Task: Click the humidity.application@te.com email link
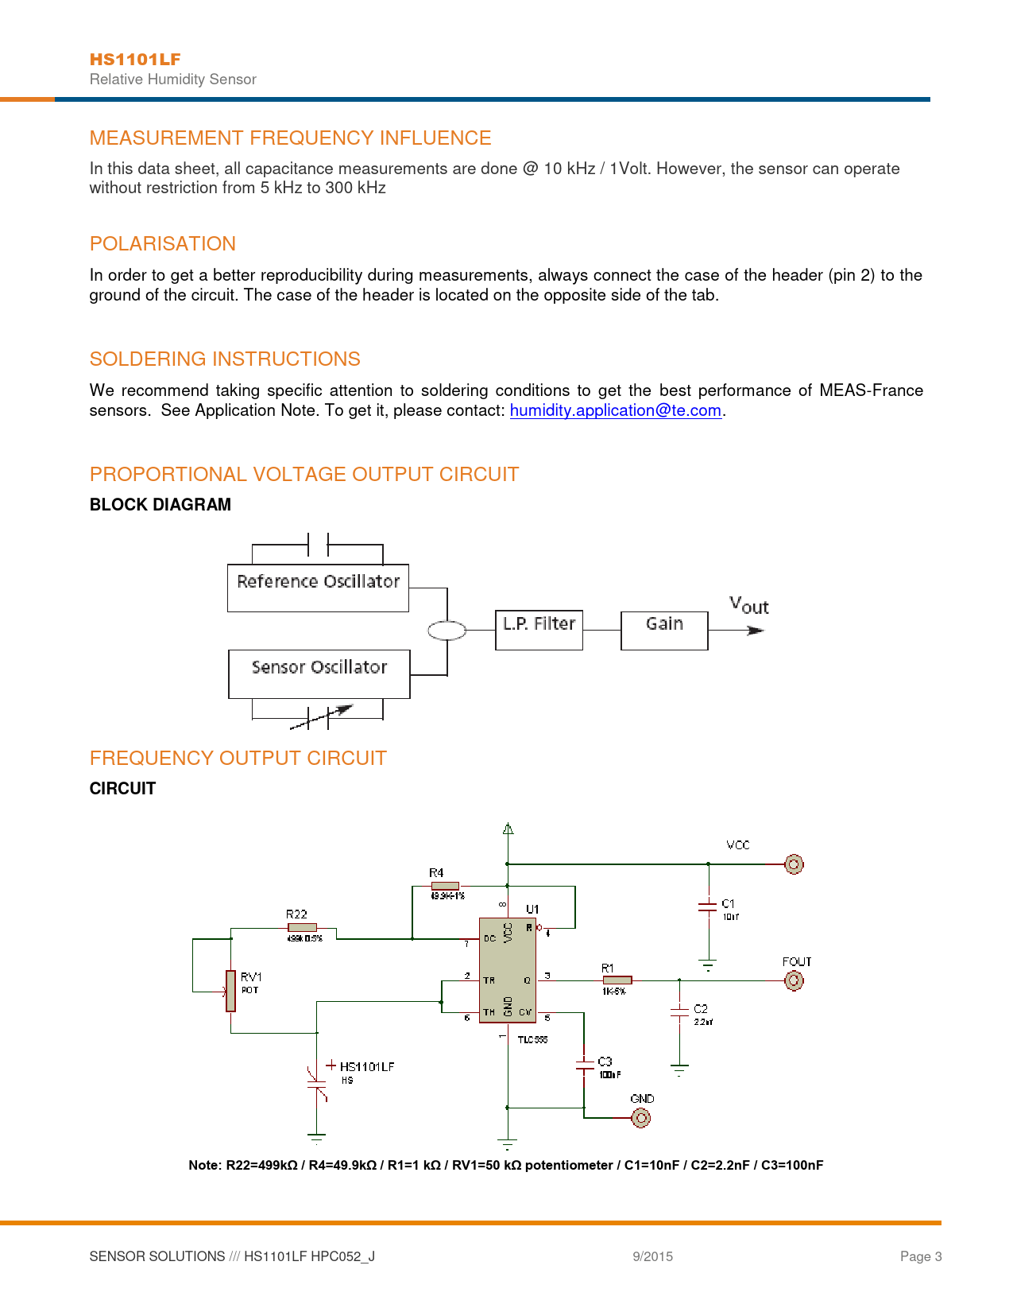click(x=615, y=410)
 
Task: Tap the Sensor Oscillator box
click(x=319, y=673)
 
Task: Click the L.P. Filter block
click(x=539, y=630)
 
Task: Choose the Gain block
click(x=664, y=630)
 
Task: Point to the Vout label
click(x=748, y=606)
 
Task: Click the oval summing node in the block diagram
click(x=447, y=631)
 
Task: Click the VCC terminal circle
click(x=794, y=864)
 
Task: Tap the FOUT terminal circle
click(x=794, y=980)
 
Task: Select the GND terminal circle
click(x=641, y=1118)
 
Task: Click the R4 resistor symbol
click(x=445, y=886)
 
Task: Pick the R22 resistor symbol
click(x=302, y=927)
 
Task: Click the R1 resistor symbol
click(x=617, y=980)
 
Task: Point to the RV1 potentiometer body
click(x=230, y=991)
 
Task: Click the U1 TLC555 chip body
click(x=508, y=970)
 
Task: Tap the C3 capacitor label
click(x=605, y=1062)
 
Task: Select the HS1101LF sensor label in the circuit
click(x=366, y=1066)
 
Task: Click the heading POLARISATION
click(x=163, y=244)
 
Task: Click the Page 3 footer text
click(x=921, y=1256)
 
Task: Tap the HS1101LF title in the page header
click(x=135, y=60)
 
